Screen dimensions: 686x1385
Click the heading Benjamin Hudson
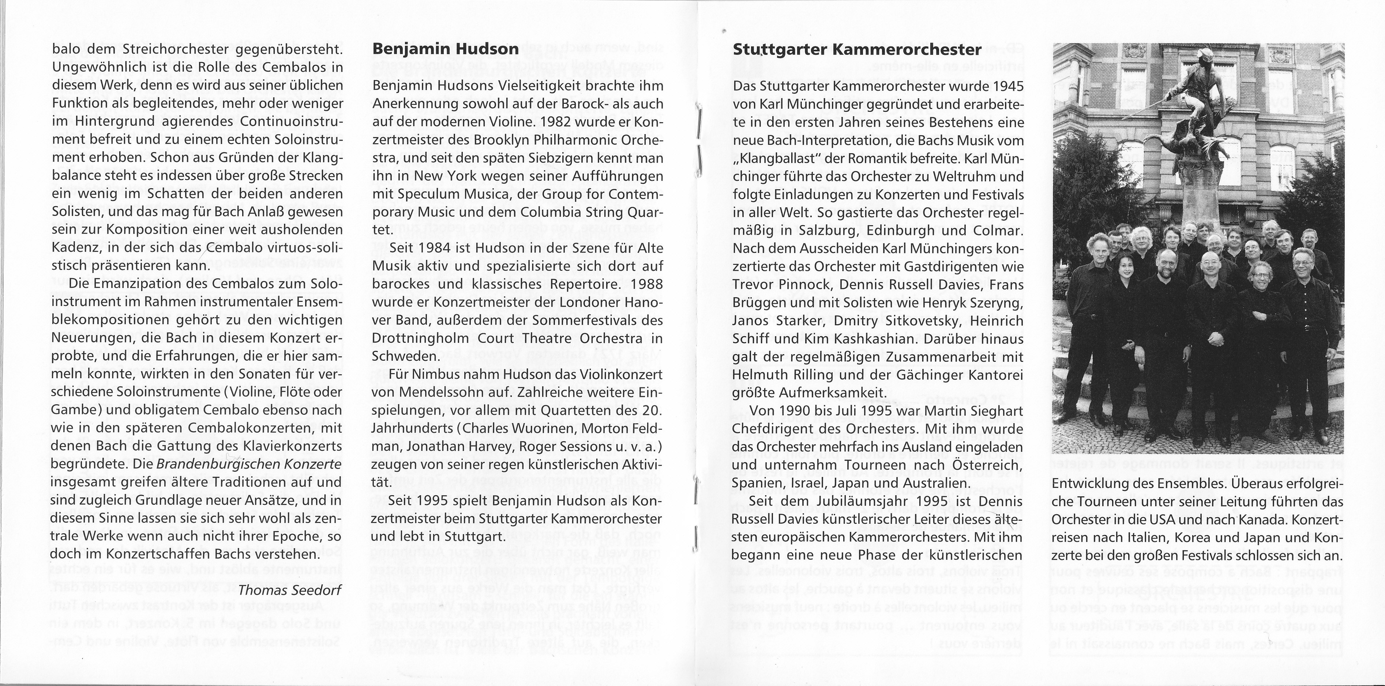[x=446, y=49]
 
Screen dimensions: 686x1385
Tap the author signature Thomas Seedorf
[x=290, y=590]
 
